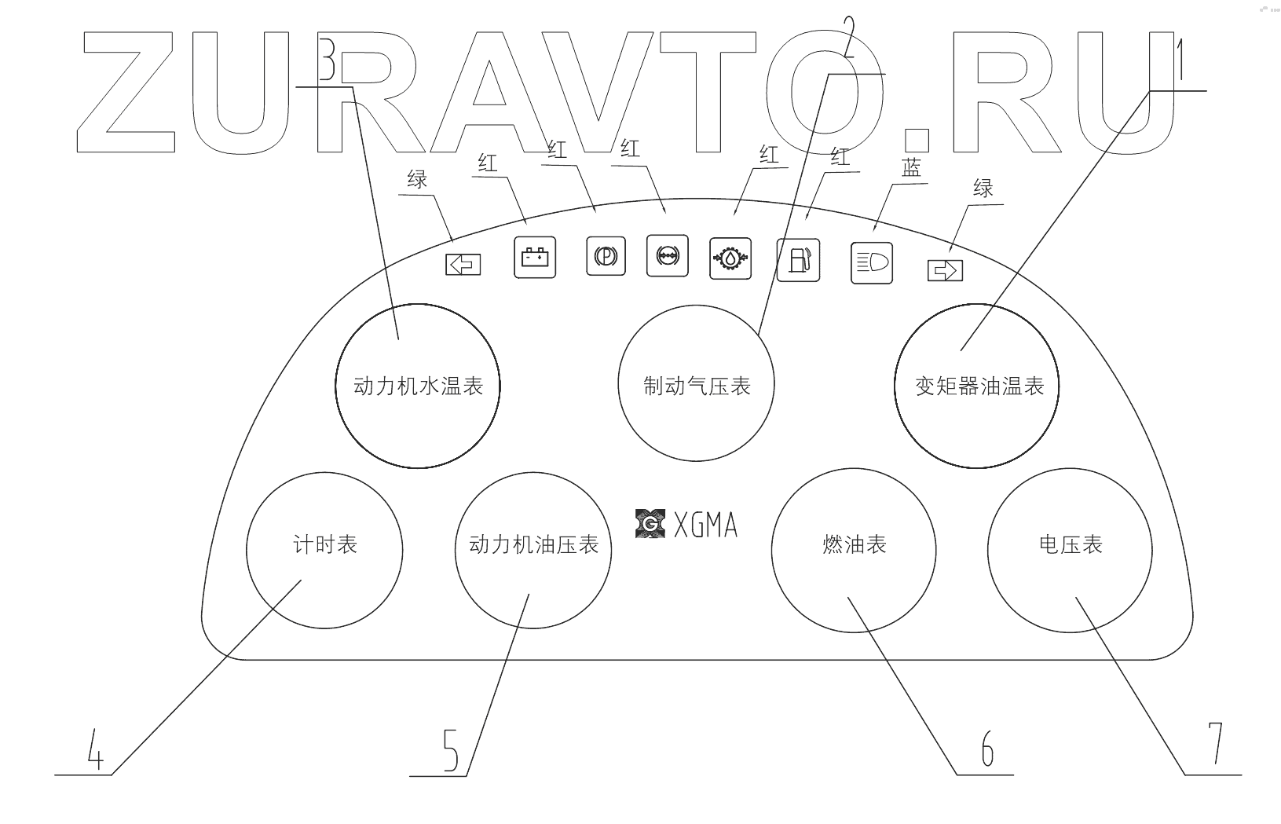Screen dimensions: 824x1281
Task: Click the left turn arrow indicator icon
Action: click(x=463, y=265)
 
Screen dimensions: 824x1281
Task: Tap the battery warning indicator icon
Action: click(x=535, y=257)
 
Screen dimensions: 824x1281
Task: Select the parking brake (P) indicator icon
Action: click(x=606, y=256)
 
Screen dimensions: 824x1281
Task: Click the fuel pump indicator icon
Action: click(x=798, y=260)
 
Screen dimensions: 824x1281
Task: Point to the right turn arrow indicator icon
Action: click(x=945, y=271)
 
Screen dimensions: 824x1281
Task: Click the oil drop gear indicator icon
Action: click(x=730, y=258)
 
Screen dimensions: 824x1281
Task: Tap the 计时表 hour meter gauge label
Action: click(x=325, y=544)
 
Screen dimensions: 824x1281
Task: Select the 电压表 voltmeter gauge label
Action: click(x=1071, y=544)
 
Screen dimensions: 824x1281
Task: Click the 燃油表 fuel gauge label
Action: click(x=855, y=544)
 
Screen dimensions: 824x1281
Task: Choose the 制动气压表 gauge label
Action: click(x=697, y=386)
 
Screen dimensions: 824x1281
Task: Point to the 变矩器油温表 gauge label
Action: click(x=979, y=386)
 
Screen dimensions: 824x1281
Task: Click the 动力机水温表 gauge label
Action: click(x=418, y=386)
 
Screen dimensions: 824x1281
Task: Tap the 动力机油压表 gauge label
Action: click(x=533, y=544)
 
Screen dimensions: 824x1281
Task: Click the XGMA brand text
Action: click(x=705, y=525)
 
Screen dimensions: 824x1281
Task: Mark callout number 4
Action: click(x=95, y=750)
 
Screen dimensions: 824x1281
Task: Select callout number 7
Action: click(x=1215, y=742)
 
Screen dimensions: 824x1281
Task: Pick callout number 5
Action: click(x=450, y=751)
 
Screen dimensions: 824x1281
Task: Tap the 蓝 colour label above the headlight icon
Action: click(x=910, y=167)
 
